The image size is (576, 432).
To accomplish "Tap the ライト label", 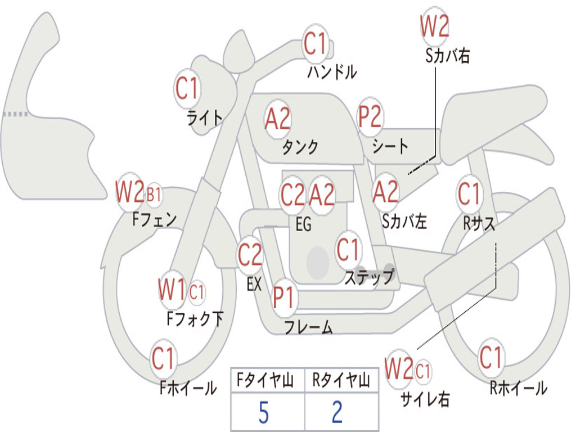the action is tap(205, 118).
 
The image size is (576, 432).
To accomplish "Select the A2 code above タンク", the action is tap(278, 119).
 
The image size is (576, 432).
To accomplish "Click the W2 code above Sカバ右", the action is tap(435, 26).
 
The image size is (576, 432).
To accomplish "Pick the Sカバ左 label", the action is tap(404, 222).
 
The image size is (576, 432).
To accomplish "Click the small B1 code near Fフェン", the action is tap(154, 195).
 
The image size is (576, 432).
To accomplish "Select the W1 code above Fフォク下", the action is tap(172, 290).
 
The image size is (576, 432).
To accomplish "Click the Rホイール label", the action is tap(518, 388).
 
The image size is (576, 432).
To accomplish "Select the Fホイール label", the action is tap(188, 388).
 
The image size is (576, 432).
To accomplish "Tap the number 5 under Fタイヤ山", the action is tap(263, 413).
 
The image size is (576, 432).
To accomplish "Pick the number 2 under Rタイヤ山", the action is tap(337, 413).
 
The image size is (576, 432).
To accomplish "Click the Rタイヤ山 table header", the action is tap(341, 381).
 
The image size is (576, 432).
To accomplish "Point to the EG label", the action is tap(303, 224).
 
